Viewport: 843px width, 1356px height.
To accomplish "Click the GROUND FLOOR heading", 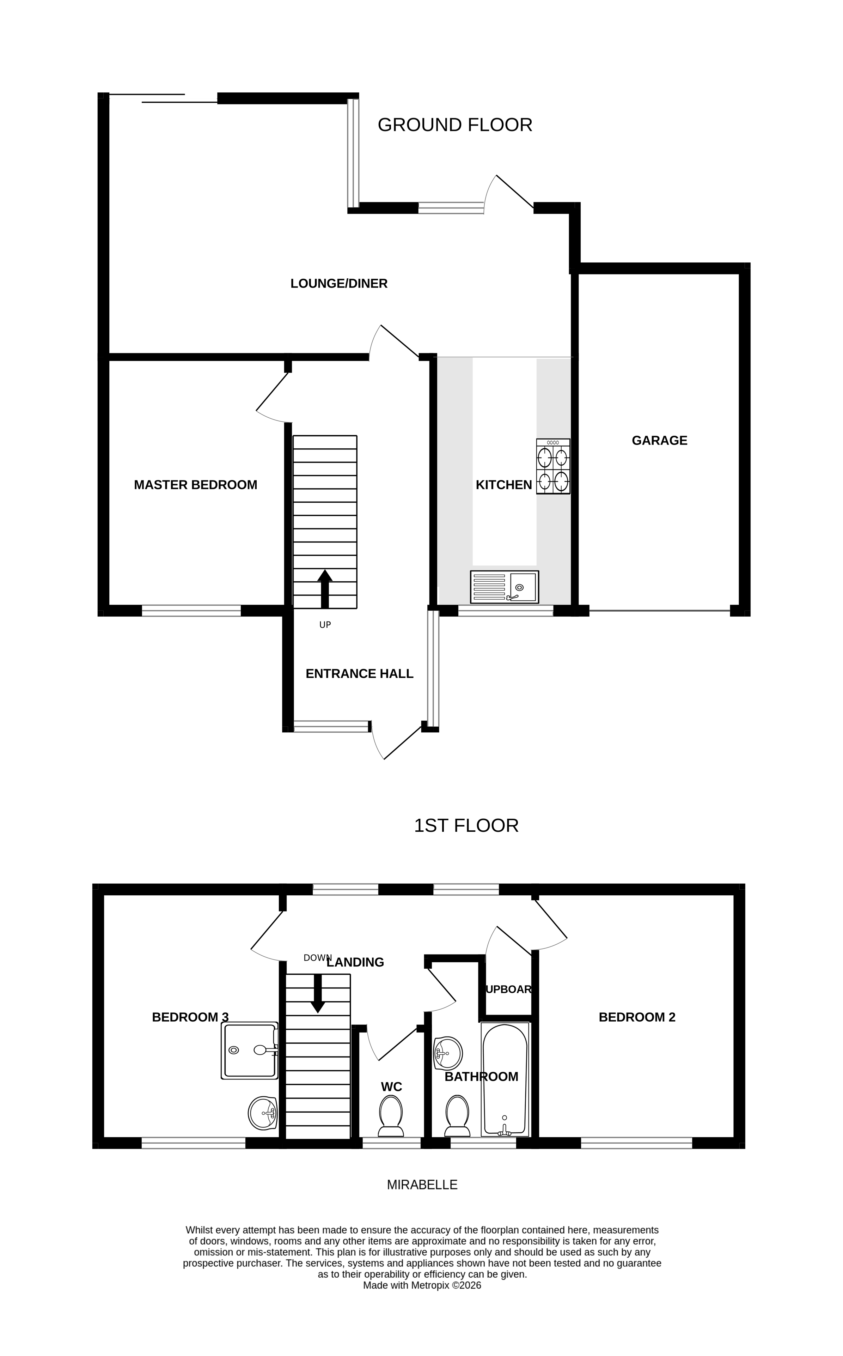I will click(x=454, y=125).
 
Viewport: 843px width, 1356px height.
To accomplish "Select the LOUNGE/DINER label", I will click(x=338, y=283).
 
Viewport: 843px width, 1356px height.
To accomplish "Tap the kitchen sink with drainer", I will click(x=504, y=587).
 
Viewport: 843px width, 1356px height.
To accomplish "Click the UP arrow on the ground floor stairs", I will click(x=324, y=588).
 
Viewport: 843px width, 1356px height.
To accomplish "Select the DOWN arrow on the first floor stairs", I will click(x=318, y=993).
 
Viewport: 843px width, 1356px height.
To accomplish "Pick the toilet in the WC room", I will click(x=391, y=1115).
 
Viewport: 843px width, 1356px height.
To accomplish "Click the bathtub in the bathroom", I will click(x=505, y=1079).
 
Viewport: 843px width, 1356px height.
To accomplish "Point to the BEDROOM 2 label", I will click(x=637, y=1017).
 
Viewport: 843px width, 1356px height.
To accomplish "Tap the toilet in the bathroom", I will click(x=457, y=1115).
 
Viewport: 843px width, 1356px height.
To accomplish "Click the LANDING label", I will click(x=355, y=962).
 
